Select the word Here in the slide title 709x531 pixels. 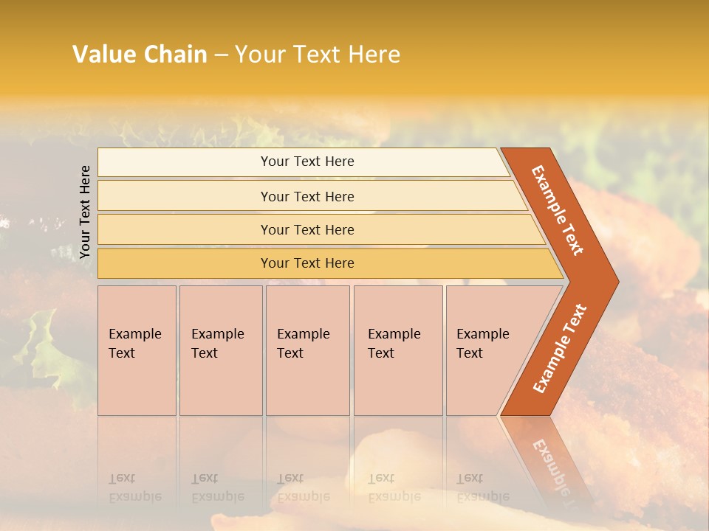click(374, 54)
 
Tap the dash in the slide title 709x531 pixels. click(221, 55)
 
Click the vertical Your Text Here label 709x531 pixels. click(85, 212)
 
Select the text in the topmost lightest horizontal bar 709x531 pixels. click(307, 162)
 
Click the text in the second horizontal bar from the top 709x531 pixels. click(307, 196)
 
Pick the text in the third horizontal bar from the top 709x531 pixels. click(307, 229)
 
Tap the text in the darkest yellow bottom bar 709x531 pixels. click(307, 263)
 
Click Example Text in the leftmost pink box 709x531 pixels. click(134, 343)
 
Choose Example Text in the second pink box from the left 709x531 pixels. click(217, 343)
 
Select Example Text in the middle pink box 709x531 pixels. click(303, 343)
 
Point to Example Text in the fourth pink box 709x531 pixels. click(394, 343)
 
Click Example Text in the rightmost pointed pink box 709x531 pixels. click(482, 343)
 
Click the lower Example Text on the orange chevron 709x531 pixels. click(560, 349)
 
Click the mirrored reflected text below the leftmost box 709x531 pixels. click(134, 487)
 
